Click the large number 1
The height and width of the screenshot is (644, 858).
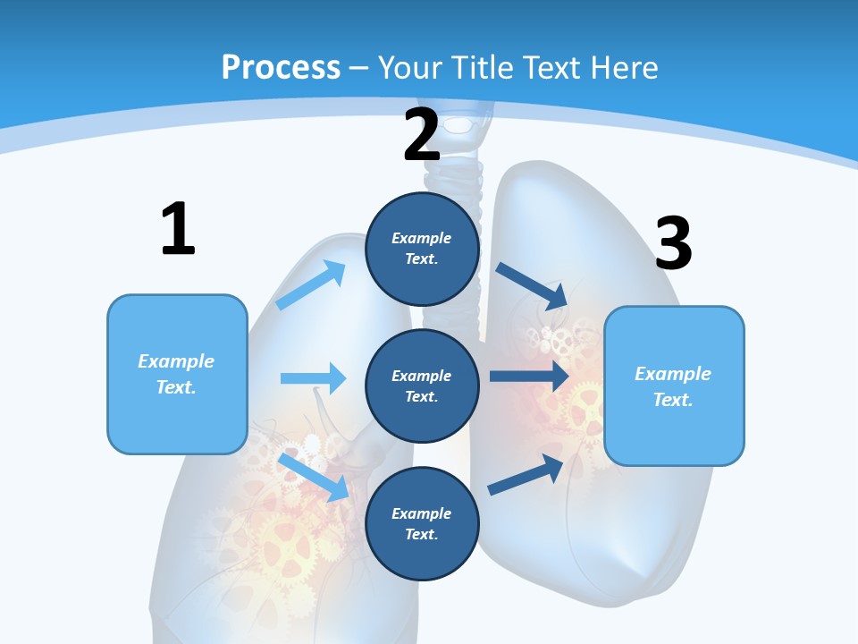(x=178, y=230)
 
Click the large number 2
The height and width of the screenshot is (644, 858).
(x=421, y=135)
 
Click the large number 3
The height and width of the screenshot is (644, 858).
(x=673, y=243)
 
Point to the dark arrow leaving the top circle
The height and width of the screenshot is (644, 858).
(x=532, y=285)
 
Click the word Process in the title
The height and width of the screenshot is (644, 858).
(x=281, y=68)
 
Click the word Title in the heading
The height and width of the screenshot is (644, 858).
(x=480, y=68)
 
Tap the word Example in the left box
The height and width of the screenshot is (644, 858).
(x=176, y=361)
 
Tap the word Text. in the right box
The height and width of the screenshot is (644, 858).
(x=673, y=400)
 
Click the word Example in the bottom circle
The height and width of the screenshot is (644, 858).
(x=422, y=513)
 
